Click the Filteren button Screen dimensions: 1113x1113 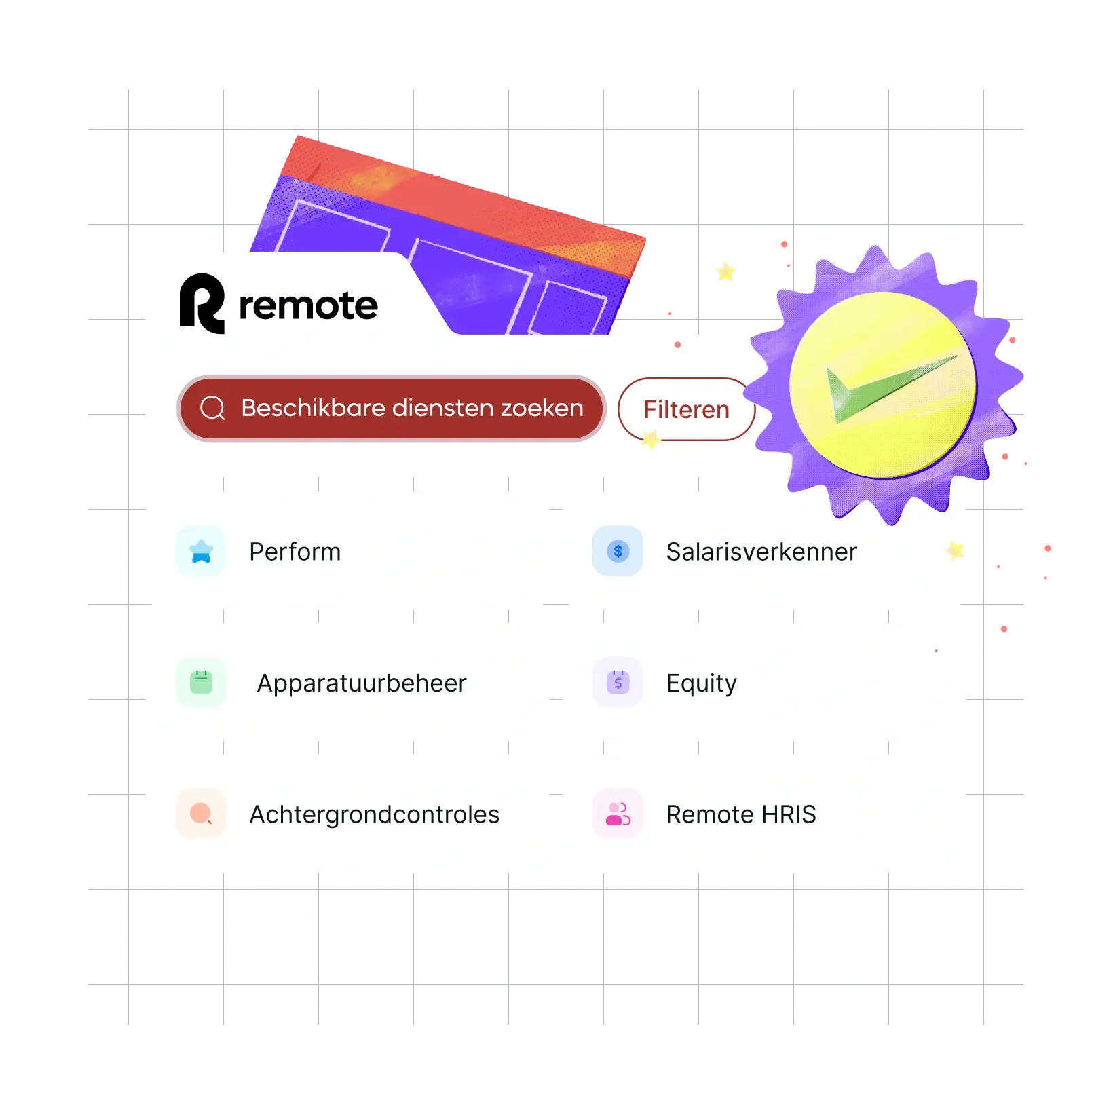(x=686, y=409)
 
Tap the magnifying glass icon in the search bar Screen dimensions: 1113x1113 (x=212, y=408)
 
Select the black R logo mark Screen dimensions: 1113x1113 (x=202, y=303)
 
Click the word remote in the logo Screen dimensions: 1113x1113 (x=308, y=305)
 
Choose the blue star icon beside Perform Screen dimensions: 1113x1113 (x=201, y=551)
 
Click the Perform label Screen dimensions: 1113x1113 (x=295, y=552)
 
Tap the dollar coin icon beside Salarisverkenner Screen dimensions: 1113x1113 (x=618, y=551)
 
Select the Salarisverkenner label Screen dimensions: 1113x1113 (x=761, y=552)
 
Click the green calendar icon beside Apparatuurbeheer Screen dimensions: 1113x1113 (x=201, y=682)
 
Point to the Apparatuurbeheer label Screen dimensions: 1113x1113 (x=362, y=683)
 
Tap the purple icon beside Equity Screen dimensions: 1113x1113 (x=618, y=682)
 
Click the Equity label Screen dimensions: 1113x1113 (x=701, y=683)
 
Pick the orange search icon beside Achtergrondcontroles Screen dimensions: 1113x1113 (x=201, y=813)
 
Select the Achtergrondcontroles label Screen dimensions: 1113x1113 (x=375, y=814)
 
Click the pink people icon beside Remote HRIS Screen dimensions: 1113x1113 (x=618, y=813)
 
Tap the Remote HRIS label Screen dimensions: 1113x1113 (x=741, y=814)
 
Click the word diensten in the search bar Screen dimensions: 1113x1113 (x=443, y=408)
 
